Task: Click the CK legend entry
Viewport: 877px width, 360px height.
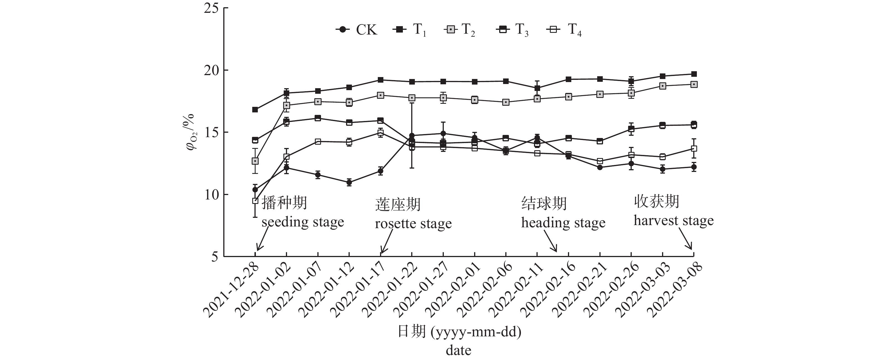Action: pyautogui.click(x=357, y=30)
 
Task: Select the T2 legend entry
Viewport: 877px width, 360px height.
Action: pyautogui.click(x=460, y=30)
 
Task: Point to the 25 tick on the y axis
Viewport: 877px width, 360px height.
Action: pyautogui.click(x=211, y=8)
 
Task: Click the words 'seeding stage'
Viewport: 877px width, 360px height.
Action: pyautogui.click(x=303, y=222)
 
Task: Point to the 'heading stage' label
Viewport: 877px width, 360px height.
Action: pyautogui.click(x=563, y=223)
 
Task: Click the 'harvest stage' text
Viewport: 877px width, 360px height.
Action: pyautogui.click(x=673, y=221)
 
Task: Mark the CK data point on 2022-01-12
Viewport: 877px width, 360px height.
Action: pyautogui.click(x=349, y=183)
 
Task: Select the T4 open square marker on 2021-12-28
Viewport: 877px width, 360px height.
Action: pyautogui.click(x=255, y=201)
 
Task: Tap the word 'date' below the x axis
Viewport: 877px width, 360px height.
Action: pyautogui.click(x=458, y=351)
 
